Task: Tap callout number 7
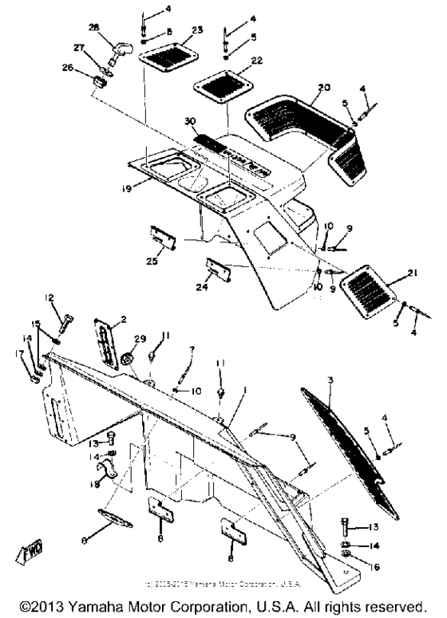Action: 192,349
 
